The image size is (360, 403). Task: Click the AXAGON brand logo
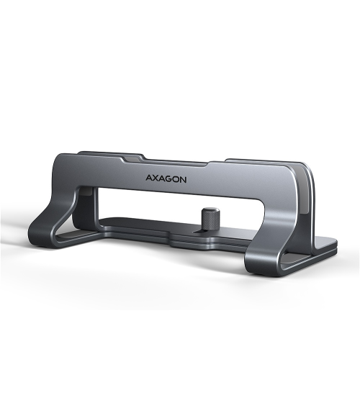point(166,178)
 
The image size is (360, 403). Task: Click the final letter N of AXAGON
point(184,180)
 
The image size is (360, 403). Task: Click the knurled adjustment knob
point(210,218)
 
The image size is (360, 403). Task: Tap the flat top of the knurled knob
point(210,210)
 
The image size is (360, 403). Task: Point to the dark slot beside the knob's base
point(199,231)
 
